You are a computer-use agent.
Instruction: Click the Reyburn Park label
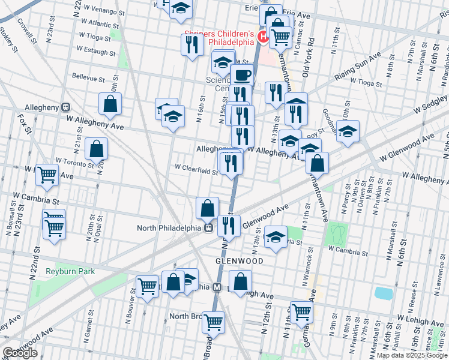point(70,272)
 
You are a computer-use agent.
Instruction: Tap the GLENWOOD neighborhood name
point(240,262)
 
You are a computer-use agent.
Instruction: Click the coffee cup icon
point(243,76)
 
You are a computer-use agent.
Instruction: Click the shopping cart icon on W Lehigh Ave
point(301,311)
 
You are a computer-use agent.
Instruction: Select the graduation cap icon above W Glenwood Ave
point(348,132)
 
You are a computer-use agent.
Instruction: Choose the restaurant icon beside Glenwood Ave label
point(229,226)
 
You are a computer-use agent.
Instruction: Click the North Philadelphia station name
point(169,227)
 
